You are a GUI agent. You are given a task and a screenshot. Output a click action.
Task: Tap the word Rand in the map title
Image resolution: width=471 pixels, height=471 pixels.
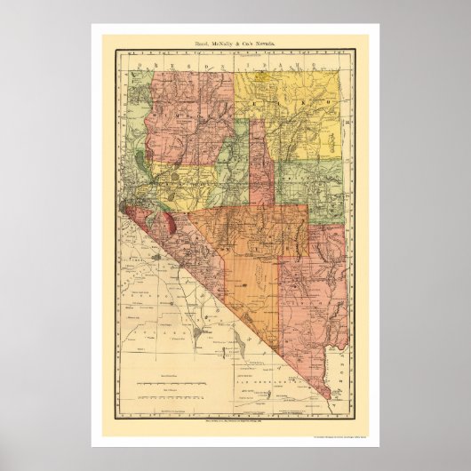pyautogui.click(x=200, y=43)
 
